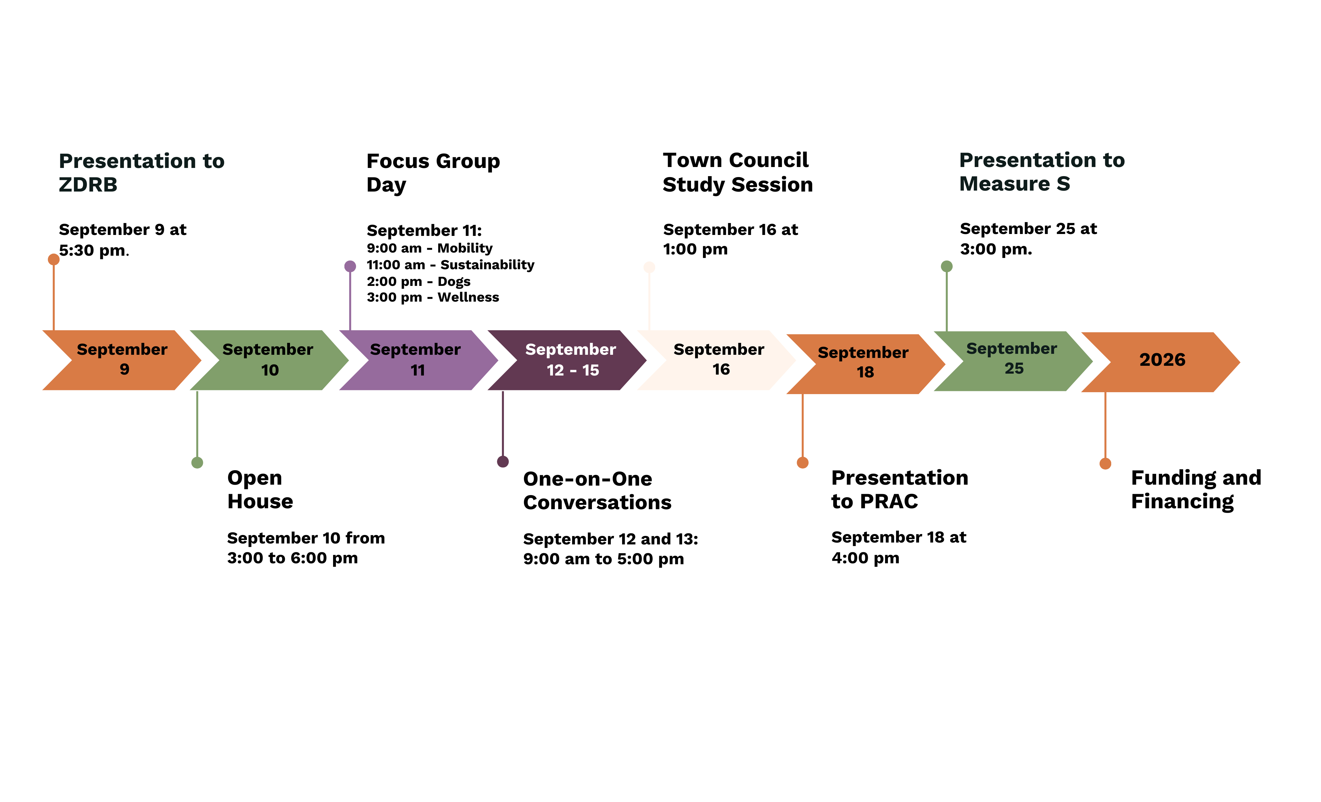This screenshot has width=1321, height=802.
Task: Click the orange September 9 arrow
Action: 122,360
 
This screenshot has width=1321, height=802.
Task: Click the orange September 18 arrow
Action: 864,364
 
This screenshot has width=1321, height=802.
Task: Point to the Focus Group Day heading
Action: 433,173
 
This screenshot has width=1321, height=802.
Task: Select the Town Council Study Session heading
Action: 737,172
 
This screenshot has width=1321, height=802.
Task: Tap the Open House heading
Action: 260,489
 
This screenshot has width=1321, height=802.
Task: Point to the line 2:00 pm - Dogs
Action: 418,281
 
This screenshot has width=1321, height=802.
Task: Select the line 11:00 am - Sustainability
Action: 450,265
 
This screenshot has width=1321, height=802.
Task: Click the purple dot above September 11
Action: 350,266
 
